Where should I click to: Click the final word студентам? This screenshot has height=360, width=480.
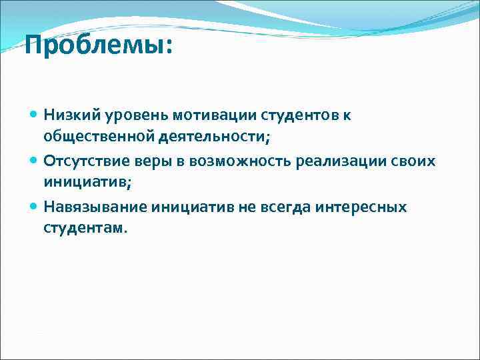84,228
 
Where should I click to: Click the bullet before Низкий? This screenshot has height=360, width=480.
34,115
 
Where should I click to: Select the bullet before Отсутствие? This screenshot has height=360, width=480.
34,161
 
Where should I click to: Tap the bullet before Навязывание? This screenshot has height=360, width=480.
34,207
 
